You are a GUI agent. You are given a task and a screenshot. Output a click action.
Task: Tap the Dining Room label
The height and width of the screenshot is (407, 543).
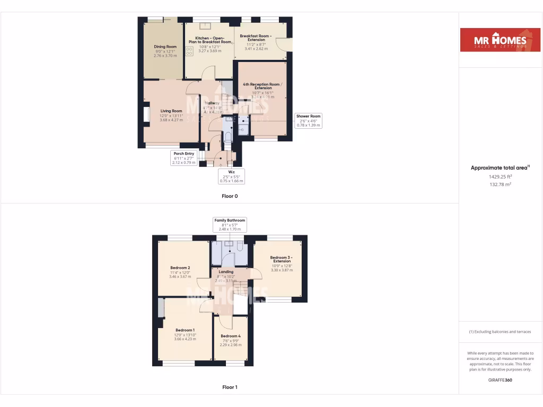[x=165, y=47]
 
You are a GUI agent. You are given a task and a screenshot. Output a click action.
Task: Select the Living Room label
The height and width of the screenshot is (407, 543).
[x=171, y=111]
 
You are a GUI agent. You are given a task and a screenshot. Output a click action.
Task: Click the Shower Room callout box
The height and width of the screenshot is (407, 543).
[x=308, y=121]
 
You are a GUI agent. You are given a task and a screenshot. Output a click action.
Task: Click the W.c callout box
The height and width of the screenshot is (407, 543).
[x=231, y=176]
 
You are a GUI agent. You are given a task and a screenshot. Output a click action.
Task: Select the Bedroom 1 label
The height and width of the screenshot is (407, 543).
[x=186, y=330]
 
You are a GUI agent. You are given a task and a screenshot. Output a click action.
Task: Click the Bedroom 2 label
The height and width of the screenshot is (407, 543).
[x=180, y=268]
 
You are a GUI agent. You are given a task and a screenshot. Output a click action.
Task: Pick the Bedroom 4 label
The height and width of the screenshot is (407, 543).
[x=231, y=336]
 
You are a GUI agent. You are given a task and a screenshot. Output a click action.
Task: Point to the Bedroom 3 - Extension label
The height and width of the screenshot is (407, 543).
[x=282, y=259]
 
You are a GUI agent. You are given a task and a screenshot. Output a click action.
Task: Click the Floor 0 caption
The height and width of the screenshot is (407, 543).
[x=230, y=196]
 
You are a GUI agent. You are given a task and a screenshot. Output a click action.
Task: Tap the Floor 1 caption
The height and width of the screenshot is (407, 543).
[x=230, y=387]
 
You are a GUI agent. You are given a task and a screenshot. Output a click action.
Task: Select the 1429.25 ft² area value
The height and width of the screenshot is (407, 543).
[x=501, y=176]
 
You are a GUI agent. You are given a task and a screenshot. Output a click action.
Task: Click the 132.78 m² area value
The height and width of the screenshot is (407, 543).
[x=501, y=184]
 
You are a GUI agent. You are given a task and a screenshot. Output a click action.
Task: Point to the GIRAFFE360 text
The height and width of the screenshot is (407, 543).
[x=501, y=380]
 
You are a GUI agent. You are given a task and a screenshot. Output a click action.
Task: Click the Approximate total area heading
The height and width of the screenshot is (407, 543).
[x=500, y=168]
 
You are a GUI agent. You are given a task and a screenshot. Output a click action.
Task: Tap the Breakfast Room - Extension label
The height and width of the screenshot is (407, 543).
[x=256, y=38]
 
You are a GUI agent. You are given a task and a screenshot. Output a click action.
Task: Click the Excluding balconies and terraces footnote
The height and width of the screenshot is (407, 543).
[x=500, y=332]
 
